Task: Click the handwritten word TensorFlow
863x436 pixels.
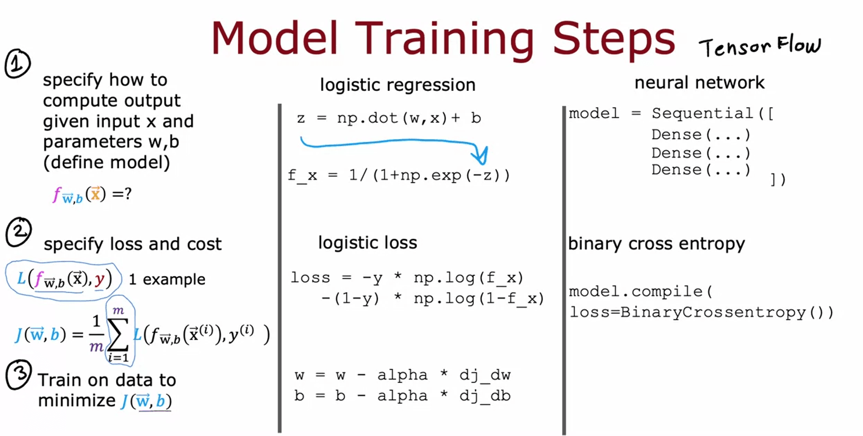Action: pos(760,46)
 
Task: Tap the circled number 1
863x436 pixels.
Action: pos(18,64)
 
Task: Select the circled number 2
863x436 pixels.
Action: pos(18,232)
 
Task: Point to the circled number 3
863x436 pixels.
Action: pos(18,374)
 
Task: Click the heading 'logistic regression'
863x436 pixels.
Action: pos(398,85)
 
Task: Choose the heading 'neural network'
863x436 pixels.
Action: pos(700,83)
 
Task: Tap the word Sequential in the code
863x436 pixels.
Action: pos(702,113)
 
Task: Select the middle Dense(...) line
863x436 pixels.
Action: pos(701,153)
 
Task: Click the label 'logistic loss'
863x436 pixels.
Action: pos(368,243)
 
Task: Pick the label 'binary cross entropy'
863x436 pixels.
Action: pos(656,244)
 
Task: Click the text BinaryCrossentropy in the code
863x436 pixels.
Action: pos(712,312)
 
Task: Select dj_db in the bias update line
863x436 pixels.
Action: pos(485,396)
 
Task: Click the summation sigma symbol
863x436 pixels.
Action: pos(118,334)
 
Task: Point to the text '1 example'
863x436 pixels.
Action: pos(167,280)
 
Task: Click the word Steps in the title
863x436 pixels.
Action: pos(614,39)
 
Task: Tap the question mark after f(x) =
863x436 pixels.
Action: pos(128,194)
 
